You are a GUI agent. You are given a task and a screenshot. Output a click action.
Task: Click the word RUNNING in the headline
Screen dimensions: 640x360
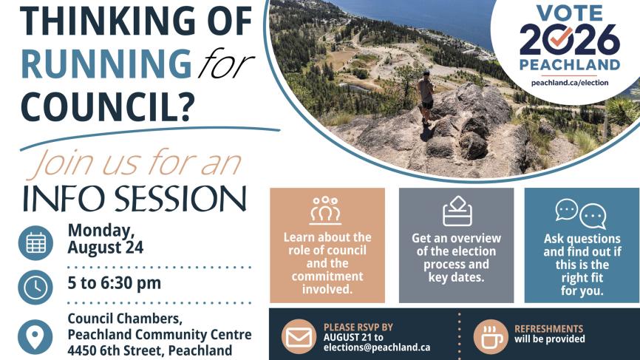click(x=106, y=64)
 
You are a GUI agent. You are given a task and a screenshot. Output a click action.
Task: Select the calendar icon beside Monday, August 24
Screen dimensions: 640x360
click(x=35, y=243)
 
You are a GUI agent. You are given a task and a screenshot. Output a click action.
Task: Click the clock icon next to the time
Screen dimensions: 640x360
click(x=35, y=288)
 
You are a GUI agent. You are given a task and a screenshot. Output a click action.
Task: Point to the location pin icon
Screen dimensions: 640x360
click(x=35, y=337)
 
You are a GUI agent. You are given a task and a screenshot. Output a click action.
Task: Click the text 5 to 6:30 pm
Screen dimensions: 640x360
click(x=115, y=283)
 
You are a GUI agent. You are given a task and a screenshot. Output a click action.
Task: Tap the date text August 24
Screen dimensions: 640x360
click(x=105, y=248)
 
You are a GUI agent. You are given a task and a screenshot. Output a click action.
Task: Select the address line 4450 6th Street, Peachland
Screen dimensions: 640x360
click(x=150, y=350)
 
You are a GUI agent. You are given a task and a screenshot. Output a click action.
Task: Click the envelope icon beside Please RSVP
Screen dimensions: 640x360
click(x=299, y=337)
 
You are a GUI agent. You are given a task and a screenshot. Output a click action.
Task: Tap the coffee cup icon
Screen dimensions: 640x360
click(x=491, y=337)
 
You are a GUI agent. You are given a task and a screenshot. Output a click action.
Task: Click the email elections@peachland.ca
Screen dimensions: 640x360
click(x=377, y=347)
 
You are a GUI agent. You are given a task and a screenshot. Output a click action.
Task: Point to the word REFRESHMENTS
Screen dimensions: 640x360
click(x=548, y=328)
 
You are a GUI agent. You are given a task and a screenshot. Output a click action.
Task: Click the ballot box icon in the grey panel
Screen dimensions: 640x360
click(x=457, y=211)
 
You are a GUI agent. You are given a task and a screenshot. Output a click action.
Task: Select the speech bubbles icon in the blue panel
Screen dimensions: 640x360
click(x=581, y=214)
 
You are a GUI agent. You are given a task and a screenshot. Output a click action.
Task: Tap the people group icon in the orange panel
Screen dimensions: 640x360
click(x=325, y=210)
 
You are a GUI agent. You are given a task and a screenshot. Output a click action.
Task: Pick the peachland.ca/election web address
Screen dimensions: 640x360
click(x=570, y=83)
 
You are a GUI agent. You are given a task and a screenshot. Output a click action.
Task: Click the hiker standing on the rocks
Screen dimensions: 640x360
click(x=426, y=97)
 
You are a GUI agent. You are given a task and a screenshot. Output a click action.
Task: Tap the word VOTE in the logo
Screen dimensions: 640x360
click(x=569, y=13)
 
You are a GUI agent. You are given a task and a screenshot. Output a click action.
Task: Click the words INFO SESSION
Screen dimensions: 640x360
click(x=135, y=199)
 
